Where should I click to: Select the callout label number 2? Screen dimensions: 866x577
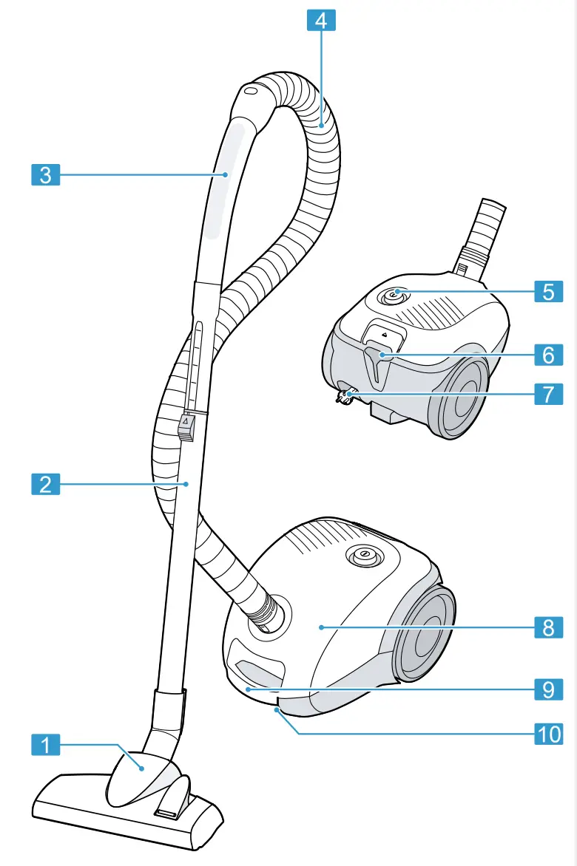[46, 485]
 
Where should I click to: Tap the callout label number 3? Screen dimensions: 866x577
[46, 175]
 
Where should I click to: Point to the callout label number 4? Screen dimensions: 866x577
[320, 19]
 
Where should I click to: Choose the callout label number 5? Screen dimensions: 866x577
[548, 291]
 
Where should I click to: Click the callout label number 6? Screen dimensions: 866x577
[548, 355]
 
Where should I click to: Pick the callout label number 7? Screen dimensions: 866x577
[548, 393]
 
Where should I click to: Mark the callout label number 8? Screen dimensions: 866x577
[548, 627]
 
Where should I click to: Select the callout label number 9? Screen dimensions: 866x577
[548, 689]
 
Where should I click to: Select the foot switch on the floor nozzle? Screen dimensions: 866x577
[169, 806]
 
